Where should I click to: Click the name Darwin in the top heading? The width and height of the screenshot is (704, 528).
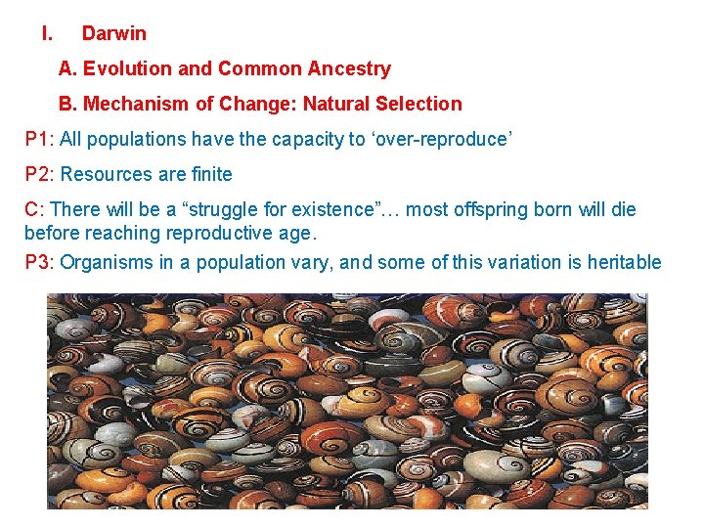[x=113, y=33]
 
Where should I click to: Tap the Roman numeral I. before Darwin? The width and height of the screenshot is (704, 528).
[x=46, y=33]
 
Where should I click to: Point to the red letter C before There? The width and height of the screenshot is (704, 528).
[x=31, y=209]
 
